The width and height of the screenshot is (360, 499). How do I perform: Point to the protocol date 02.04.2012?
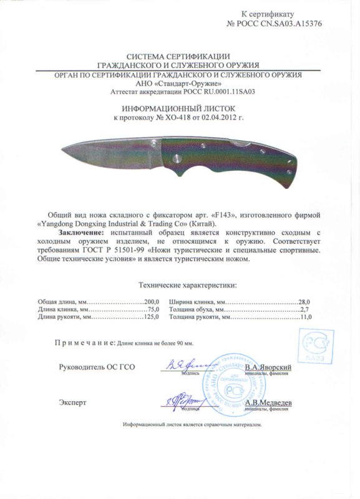[224, 117]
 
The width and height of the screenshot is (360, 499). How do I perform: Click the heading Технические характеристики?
[187, 286]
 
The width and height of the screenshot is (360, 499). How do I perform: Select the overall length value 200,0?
[152, 302]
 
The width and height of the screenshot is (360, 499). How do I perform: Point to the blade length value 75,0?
[154, 309]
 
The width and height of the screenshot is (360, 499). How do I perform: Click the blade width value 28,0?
[304, 302]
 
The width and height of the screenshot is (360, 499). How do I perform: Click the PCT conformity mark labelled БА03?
[316, 347]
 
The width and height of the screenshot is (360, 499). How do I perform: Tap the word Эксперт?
[74, 403]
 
